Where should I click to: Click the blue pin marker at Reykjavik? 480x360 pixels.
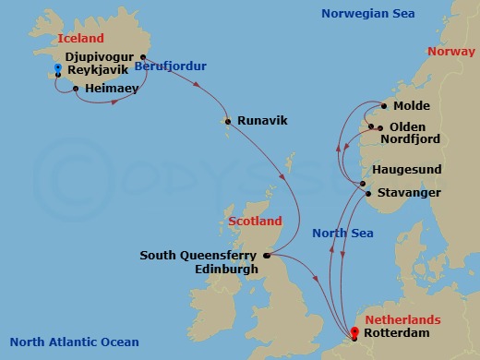[57, 69]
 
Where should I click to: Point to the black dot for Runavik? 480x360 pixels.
[226, 120]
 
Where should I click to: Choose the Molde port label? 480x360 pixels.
[412, 106]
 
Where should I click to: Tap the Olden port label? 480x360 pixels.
[406, 126]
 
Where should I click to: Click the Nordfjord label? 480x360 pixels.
[414, 139]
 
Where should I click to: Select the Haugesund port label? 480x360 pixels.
[405, 171]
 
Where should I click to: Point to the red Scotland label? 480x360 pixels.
[255, 222]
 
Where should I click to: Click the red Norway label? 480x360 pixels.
[451, 52]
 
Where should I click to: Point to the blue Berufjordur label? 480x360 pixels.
[170, 66]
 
